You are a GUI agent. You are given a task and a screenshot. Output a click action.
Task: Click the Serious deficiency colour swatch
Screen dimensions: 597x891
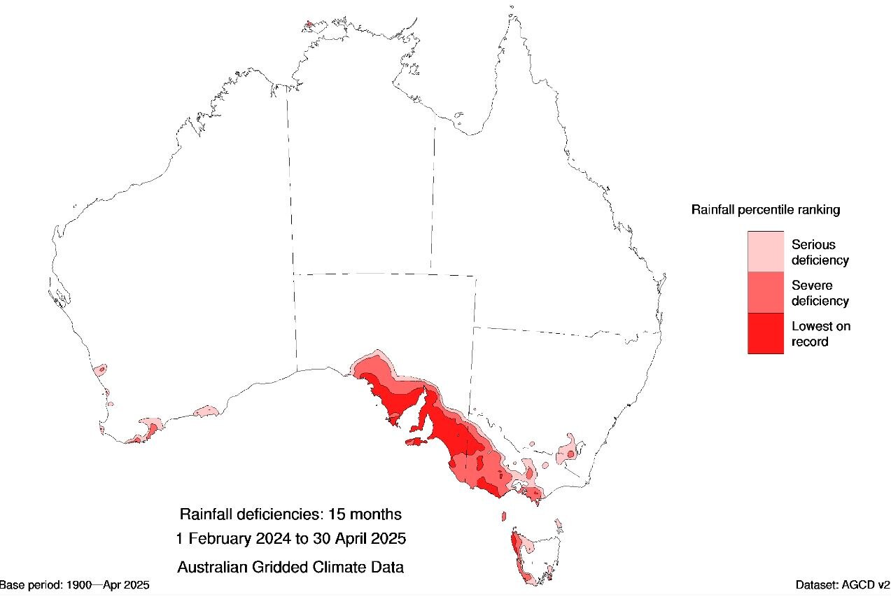[x=765, y=252]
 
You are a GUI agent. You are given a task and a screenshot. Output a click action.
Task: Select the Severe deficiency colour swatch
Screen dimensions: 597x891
[x=765, y=293]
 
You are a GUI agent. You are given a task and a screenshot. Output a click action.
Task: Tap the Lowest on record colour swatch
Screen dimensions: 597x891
[x=765, y=333]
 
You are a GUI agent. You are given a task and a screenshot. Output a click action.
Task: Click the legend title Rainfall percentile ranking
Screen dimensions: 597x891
[x=765, y=209]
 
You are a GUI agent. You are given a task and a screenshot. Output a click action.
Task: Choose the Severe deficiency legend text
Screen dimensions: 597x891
[x=820, y=293]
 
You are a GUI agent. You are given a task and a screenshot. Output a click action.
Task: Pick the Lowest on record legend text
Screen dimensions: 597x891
[x=820, y=334]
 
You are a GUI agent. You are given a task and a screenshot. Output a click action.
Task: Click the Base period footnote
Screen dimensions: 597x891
[x=74, y=584]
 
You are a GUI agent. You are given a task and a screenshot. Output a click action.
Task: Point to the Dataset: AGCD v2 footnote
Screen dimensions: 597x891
[x=842, y=584]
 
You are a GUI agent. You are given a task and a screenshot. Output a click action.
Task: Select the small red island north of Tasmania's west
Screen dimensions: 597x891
[x=503, y=517]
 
